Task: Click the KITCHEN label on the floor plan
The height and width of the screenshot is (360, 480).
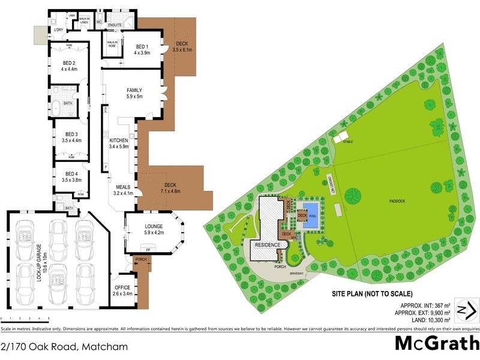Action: click(119, 140)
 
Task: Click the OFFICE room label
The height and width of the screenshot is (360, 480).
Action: click(122, 287)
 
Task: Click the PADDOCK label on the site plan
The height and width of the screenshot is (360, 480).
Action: click(396, 200)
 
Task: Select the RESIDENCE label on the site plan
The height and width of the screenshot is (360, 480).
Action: click(268, 245)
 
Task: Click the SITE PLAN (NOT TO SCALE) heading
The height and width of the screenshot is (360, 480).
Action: click(372, 294)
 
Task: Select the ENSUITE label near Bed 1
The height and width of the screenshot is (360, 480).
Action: click(115, 25)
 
